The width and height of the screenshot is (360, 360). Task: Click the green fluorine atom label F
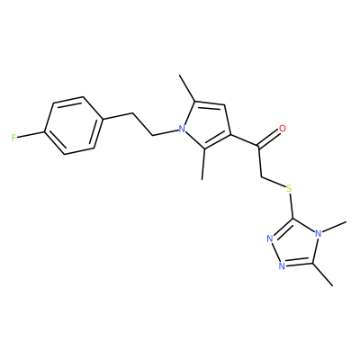point(13,138)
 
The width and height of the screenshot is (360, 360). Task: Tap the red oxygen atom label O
point(283,129)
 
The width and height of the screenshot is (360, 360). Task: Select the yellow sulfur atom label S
point(289,189)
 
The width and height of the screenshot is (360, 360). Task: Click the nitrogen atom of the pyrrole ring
point(181,130)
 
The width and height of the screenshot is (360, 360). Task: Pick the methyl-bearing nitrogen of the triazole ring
point(319,233)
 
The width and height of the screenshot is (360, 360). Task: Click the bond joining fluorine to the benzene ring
point(31,135)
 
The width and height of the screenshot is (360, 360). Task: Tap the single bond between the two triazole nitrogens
point(276,253)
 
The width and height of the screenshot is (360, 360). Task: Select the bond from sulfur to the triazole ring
point(291,207)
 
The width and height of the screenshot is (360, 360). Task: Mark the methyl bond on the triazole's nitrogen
point(335,227)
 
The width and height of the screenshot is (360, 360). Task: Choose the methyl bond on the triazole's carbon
point(323,274)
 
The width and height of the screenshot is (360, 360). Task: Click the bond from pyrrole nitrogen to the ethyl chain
point(166,132)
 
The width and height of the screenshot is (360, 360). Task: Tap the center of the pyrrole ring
point(206,126)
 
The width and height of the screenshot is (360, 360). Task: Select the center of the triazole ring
point(297,244)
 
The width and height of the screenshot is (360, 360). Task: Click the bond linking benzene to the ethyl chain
point(116,116)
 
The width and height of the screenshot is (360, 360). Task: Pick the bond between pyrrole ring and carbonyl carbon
point(245,141)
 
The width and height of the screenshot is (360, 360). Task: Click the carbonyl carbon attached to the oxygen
point(259,147)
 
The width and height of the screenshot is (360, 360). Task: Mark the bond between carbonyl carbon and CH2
point(260,162)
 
